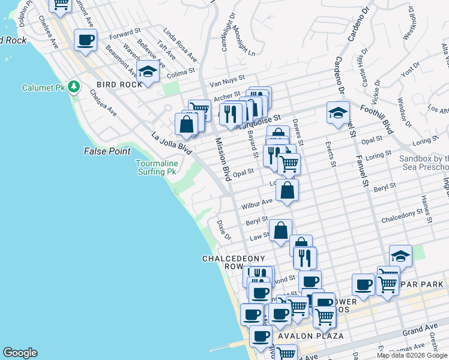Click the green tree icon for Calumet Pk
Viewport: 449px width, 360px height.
74,87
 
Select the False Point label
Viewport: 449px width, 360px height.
107,151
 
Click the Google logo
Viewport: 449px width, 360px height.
20,353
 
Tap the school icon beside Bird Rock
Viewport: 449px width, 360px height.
148,71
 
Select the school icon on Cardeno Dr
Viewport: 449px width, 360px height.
338,112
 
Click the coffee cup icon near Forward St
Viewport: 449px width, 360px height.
85,40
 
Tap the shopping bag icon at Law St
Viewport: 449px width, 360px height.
280,230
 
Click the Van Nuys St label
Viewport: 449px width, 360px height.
227,78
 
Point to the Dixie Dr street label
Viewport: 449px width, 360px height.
223,229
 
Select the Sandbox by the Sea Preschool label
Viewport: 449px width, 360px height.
424,163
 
